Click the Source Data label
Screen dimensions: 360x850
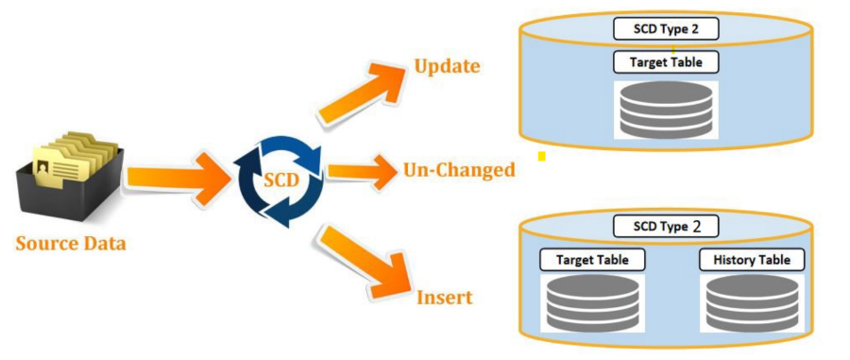tap(71, 244)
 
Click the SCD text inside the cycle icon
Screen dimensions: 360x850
tap(279, 177)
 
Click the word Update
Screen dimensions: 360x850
tap(447, 66)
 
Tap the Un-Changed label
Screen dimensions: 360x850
tap(459, 170)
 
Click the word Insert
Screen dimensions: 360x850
tap(444, 299)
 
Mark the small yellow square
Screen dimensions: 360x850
tap(542, 155)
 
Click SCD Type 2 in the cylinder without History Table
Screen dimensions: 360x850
tap(665, 29)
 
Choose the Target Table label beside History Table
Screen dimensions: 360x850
tap(586, 259)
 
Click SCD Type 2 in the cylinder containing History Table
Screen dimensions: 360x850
tap(665, 227)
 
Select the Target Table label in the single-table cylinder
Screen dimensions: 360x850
tap(665, 63)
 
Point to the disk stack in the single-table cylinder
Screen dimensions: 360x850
tap(665, 111)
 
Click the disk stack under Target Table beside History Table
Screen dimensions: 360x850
tap(586, 302)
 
